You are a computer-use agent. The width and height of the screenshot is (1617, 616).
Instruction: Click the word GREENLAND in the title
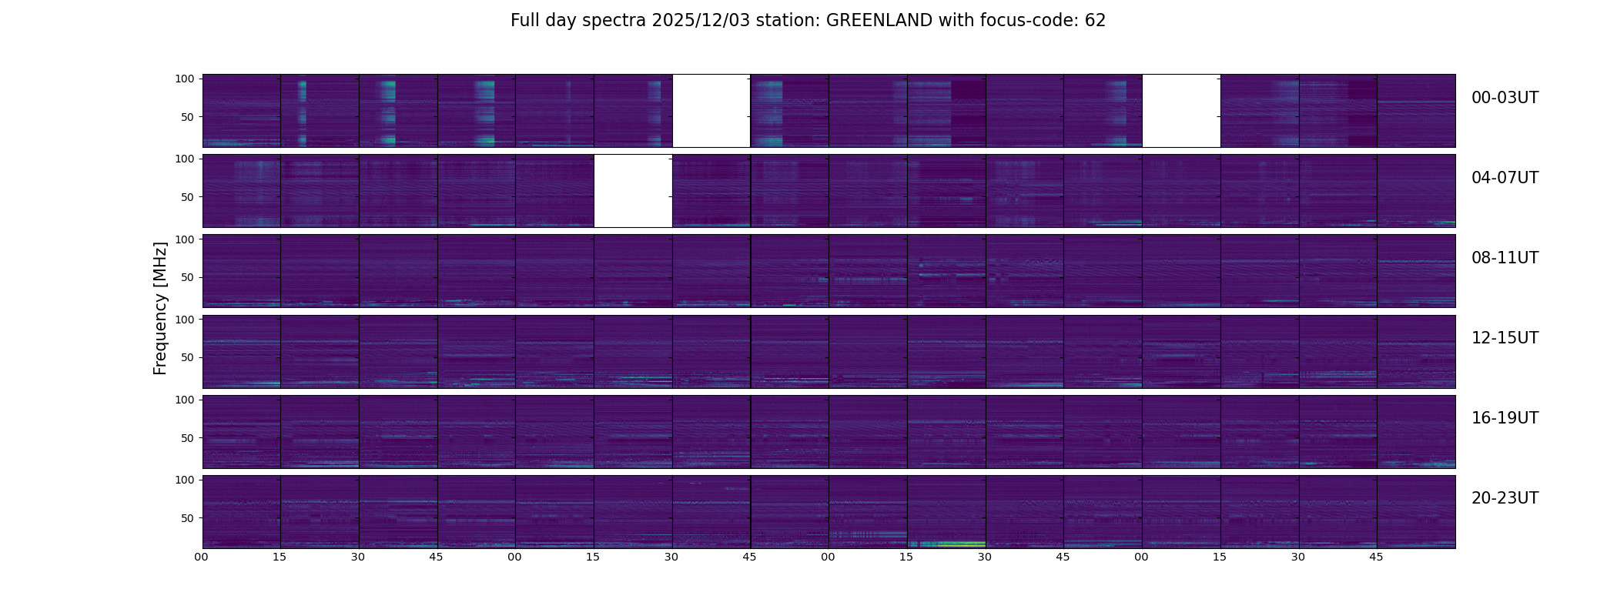879,21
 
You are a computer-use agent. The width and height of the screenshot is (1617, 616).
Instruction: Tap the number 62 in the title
1095,21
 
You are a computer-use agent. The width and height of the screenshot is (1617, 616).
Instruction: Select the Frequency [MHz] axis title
160,309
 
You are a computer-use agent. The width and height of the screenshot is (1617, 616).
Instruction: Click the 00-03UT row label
1505,98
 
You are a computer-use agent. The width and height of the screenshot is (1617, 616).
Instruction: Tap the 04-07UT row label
1505,178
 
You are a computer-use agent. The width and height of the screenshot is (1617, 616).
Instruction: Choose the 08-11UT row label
1505,258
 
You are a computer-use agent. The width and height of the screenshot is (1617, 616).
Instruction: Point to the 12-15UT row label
1505,338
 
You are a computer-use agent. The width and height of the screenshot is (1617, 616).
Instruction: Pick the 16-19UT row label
1505,418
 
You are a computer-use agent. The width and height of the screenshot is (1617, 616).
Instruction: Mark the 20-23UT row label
1505,498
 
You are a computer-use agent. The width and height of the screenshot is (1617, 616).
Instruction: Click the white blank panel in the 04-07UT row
633,191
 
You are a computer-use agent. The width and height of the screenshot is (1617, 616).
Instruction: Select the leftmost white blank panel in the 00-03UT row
711,111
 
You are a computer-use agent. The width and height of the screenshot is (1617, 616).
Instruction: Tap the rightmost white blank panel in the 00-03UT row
1181,111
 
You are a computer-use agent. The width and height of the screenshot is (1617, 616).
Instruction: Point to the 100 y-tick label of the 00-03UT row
185,79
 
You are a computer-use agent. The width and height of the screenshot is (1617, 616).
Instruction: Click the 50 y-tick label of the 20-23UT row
187,518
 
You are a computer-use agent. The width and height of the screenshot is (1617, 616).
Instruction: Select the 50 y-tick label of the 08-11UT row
187,277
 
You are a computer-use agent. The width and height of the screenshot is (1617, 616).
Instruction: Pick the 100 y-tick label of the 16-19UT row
185,400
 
